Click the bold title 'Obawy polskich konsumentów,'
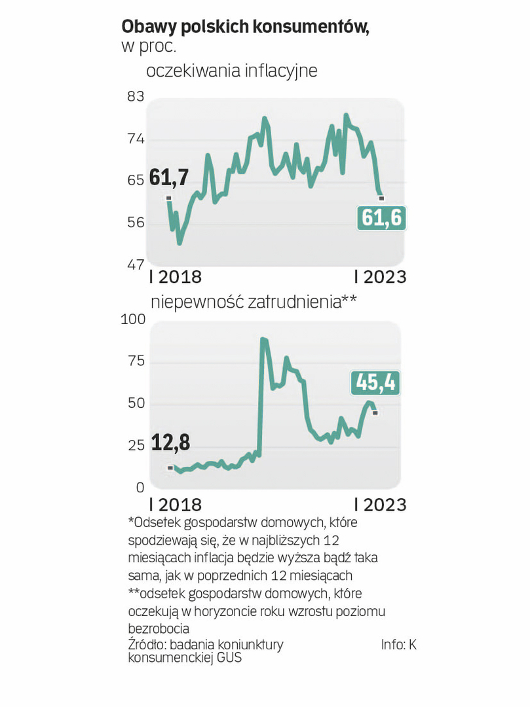tap(245, 27)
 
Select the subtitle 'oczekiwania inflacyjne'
tap(231, 71)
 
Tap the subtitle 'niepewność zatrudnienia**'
tap(254, 302)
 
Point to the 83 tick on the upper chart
tap(135, 97)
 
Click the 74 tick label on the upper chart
tap(135, 139)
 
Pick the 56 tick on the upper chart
tap(135, 223)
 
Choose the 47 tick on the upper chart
tap(135, 265)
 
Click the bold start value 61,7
tap(169, 177)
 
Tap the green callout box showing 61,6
tap(381, 218)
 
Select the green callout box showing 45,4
tap(375, 382)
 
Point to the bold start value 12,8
tap(170, 443)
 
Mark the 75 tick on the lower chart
tap(135, 361)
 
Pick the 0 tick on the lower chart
tap(140, 488)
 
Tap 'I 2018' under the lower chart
tap(176, 505)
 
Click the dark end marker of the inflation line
tap(382, 198)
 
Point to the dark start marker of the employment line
tap(170, 467)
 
